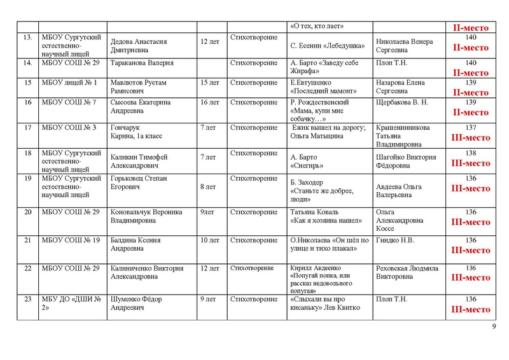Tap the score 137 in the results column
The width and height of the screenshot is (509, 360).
click(x=471, y=128)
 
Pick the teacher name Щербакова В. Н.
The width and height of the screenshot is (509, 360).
click(x=403, y=102)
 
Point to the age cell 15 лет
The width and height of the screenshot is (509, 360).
click(x=209, y=83)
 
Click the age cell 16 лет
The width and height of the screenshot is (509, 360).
click(x=209, y=102)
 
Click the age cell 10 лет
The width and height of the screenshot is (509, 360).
click(x=209, y=240)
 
